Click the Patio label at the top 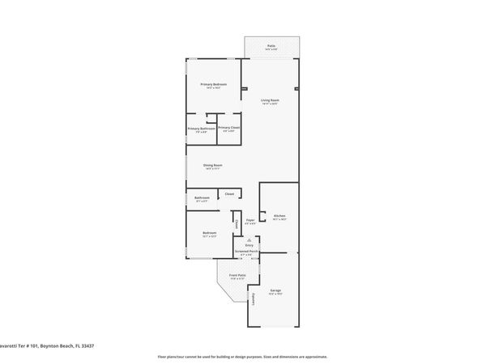pyautogui.click(x=271, y=46)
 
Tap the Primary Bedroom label pyautogui.click(x=214, y=84)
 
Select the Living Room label pyautogui.click(x=270, y=100)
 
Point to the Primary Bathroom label pyautogui.click(x=201, y=129)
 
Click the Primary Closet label pyautogui.click(x=229, y=129)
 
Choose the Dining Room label pyautogui.click(x=213, y=165)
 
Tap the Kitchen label pyautogui.click(x=279, y=216)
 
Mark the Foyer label pyautogui.click(x=251, y=220)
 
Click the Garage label pyautogui.click(x=275, y=290)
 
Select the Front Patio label pyautogui.click(x=237, y=275)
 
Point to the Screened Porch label pyautogui.click(x=247, y=252)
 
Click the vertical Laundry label pyautogui.click(x=253, y=299)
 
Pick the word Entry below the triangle pyautogui.click(x=249, y=245)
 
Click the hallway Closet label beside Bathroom pyautogui.click(x=229, y=193)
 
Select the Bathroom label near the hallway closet pyautogui.click(x=202, y=197)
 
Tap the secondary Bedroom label pyautogui.click(x=210, y=233)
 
